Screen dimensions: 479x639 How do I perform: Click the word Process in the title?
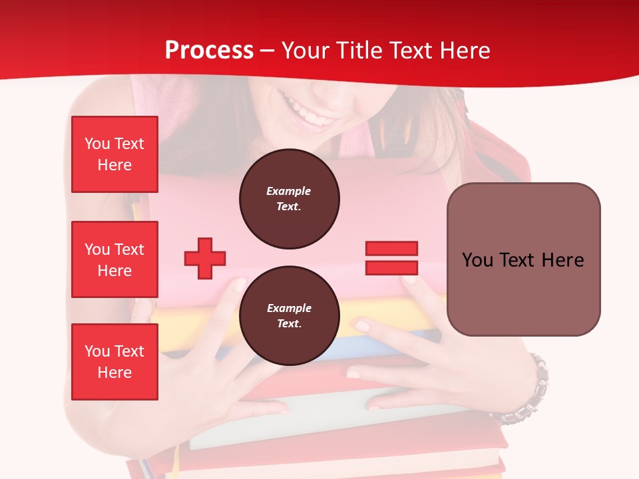[x=209, y=51]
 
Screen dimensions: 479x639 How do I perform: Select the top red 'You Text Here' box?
[x=114, y=154]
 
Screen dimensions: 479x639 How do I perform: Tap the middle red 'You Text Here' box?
[x=114, y=259]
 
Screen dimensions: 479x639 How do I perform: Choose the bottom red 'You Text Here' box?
[x=114, y=362]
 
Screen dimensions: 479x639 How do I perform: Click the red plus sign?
[x=205, y=258]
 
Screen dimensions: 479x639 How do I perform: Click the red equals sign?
[x=391, y=258]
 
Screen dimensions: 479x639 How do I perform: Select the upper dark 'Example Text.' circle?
[x=289, y=199]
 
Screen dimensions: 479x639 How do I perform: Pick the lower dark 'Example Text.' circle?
[x=289, y=316]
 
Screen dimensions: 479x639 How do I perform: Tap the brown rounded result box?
[x=523, y=259]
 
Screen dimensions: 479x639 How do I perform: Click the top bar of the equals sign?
[x=391, y=248]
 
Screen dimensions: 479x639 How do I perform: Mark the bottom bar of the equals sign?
[x=391, y=268]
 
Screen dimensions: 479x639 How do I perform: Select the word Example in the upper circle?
[x=289, y=191]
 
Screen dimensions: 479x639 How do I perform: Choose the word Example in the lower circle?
[x=289, y=308]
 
